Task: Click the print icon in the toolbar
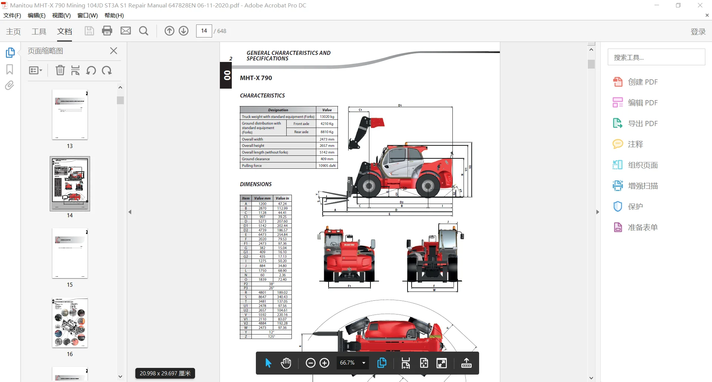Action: click(x=107, y=31)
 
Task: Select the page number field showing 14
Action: click(x=204, y=31)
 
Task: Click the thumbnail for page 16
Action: click(x=70, y=323)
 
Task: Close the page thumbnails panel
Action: click(x=114, y=51)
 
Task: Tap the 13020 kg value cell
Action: click(x=327, y=116)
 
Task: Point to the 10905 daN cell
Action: click(x=327, y=166)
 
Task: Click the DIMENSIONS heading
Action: click(x=256, y=184)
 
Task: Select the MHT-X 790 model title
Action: click(x=256, y=78)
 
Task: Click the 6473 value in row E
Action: click(x=262, y=235)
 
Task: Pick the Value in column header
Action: click(x=282, y=198)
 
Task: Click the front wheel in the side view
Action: click(x=369, y=185)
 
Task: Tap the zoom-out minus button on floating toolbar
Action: click(x=310, y=363)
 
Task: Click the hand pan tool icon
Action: click(x=286, y=363)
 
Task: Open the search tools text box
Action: click(x=656, y=57)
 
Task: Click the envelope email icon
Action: click(x=126, y=31)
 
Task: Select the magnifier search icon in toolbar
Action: click(x=144, y=31)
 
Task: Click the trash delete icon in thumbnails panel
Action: click(x=60, y=70)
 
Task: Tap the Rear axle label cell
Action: click(x=301, y=132)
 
